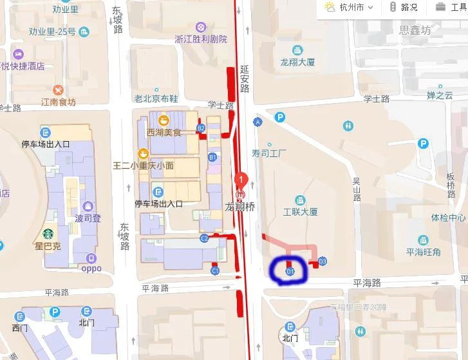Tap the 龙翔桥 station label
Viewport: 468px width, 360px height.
239,207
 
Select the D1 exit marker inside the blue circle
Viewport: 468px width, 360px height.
290,272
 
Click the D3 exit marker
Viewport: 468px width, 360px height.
323,261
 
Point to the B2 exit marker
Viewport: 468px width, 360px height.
201,128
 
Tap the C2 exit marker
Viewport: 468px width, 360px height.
204,238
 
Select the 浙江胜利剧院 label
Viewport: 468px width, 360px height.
201,39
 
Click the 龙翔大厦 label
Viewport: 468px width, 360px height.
297,62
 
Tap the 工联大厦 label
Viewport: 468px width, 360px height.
301,211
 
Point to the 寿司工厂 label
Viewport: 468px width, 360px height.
268,153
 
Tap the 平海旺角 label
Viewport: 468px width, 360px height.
423,252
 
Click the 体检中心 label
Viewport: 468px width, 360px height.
448,217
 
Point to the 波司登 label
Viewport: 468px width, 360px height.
88,218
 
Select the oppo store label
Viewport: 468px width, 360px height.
91,269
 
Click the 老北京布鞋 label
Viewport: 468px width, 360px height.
156,99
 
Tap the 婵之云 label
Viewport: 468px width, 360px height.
440,95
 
